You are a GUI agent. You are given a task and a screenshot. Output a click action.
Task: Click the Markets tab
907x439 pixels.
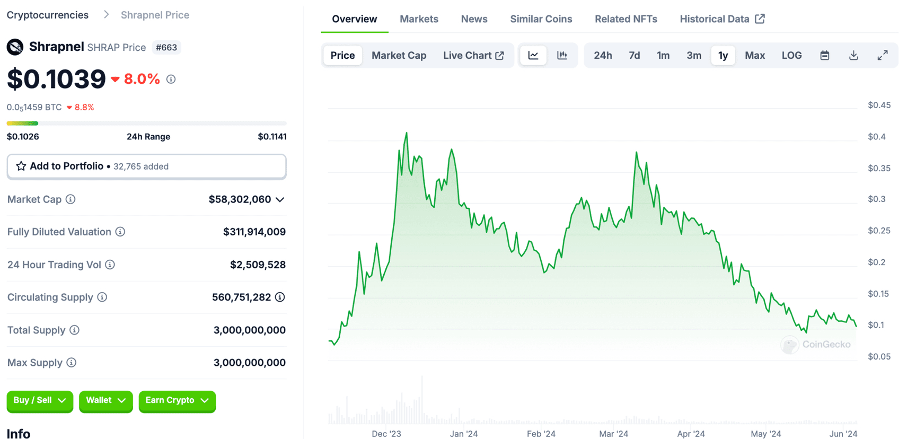tap(419, 19)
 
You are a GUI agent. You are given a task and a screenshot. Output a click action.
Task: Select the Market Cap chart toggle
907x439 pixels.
tap(399, 55)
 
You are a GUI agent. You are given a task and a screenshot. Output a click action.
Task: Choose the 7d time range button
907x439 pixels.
tap(634, 55)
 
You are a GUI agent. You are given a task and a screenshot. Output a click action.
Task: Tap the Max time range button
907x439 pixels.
tap(754, 55)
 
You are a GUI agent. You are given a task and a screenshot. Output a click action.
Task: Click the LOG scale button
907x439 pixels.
tap(791, 55)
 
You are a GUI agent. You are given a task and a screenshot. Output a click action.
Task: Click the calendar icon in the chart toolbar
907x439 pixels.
tap(824, 55)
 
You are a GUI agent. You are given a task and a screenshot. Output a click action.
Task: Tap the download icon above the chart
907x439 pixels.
tap(853, 55)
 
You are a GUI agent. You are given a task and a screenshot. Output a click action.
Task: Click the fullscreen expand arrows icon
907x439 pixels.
tap(882, 55)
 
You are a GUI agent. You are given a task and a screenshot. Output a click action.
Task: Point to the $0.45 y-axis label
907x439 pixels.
tap(879, 105)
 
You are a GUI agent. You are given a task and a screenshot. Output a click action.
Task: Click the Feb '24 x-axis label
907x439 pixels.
tap(541, 434)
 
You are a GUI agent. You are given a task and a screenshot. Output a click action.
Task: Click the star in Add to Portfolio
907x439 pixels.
tap(21, 166)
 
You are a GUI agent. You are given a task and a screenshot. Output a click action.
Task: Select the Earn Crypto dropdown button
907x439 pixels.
tap(177, 401)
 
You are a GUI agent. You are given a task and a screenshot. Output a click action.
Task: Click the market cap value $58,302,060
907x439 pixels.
tap(240, 199)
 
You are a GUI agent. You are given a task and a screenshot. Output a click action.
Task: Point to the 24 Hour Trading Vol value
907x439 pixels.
tap(258, 265)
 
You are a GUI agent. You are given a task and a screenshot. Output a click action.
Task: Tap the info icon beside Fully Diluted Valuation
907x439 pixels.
tap(120, 232)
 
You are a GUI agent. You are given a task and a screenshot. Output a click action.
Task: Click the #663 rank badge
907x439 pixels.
tap(166, 47)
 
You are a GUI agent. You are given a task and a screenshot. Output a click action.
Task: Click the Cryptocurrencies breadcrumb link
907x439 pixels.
tap(48, 15)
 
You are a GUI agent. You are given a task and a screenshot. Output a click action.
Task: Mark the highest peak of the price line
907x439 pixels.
tap(407, 133)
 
